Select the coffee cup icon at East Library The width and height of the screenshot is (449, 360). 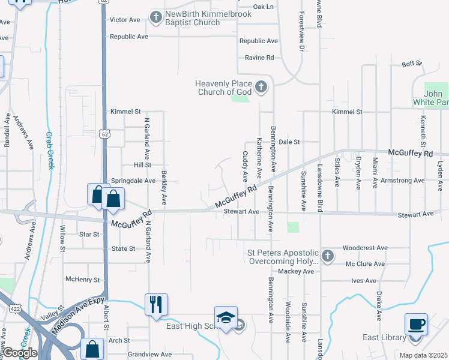[x=416, y=324]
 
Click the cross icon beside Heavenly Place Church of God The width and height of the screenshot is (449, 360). [x=261, y=88]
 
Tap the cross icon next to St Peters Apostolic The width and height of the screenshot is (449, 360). [x=327, y=256]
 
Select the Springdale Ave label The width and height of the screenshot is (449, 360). [x=133, y=180]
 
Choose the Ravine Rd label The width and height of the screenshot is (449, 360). [x=259, y=58]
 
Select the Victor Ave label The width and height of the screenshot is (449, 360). [x=125, y=20]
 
